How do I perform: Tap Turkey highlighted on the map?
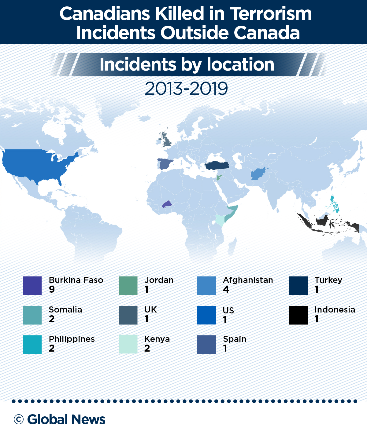pyautogui.click(x=217, y=166)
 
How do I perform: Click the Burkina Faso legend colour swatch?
pyautogui.click(x=32, y=286)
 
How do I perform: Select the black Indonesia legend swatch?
pyautogui.click(x=298, y=315)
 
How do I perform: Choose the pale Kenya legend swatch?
pyautogui.click(x=128, y=344)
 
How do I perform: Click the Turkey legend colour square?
pyautogui.click(x=298, y=286)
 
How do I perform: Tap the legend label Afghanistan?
pyautogui.click(x=248, y=280)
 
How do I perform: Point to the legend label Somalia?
pyautogui.click(x=65, y=310)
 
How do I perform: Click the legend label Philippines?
pyautogui.click(x=72, y=339)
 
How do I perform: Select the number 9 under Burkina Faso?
pyautogui.click(x=52, y=289)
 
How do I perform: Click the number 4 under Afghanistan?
pyautogui.click(x=226, y=289)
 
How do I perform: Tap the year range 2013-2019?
pyautogui.click(x=186, y=89)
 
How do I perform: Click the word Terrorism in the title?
pyautogui.click(x=271, y=14)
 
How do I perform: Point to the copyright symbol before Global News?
pyautogui.click(x=19, y=419)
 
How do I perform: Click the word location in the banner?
pyautogui.click(x=240, y=64)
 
